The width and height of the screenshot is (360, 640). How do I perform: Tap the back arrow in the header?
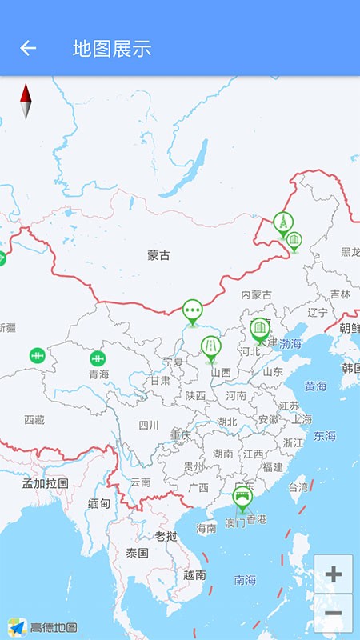[x=28, y=48]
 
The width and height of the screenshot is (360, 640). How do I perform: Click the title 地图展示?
[x=112, y=48]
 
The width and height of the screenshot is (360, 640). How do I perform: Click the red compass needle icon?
[x=26, y=102]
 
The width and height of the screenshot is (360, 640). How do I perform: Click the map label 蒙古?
[x=158, y=255]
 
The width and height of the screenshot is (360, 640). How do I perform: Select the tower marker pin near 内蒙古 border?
[x=282, y=223]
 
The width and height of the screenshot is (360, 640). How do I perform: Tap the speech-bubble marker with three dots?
[x=192, y=310]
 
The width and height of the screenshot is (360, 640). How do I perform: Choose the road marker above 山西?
[x=210, y=348]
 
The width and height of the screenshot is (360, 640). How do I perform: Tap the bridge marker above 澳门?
[x=242, y=498]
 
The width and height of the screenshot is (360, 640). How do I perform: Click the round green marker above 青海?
[x=98, y=358]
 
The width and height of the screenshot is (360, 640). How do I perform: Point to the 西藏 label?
[x=34, y=419]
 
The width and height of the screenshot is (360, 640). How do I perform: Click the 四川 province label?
[x=149, y=425]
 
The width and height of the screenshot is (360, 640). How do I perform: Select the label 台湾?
[x=298, y=486]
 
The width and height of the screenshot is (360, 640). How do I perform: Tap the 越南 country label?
[x=194, y=574]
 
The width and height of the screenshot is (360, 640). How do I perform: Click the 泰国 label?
[x=138, y=553]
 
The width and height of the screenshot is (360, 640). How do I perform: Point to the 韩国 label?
[x=350, y=368]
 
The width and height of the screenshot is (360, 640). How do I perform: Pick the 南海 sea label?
[x=246, y=579]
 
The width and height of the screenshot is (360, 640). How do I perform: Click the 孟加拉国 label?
[x=45, y=483]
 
